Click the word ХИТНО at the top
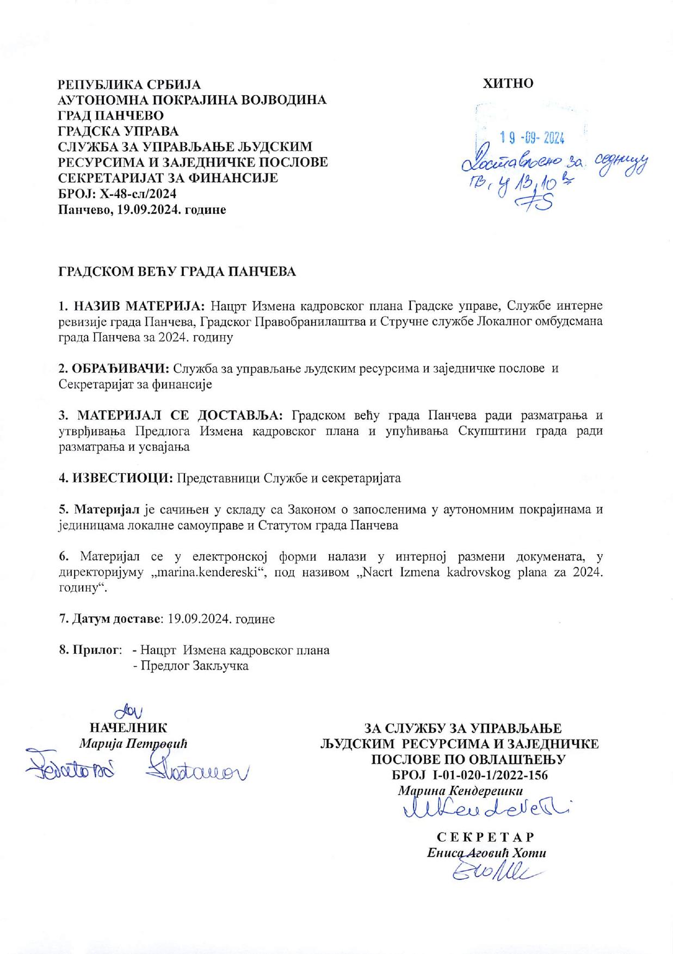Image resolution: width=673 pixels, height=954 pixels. pyautogui.click(x=508, y=83)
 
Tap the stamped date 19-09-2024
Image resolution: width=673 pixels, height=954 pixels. pyautogui.click(x=532, y=138)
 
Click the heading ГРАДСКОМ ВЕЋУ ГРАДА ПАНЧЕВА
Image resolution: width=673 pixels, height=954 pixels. pyautogui.click(x=177, y=271)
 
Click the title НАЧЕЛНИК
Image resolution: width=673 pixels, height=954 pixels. pyautogui.click(x=128, y=728)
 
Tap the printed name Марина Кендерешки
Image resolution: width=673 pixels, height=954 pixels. pyautogui.click(x=460, y=790)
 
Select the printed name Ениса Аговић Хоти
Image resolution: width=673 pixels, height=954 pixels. pyautogui.click(x=486, y=852)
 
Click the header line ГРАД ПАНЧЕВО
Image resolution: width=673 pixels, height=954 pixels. pyautogui.click(x=111, y=115)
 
